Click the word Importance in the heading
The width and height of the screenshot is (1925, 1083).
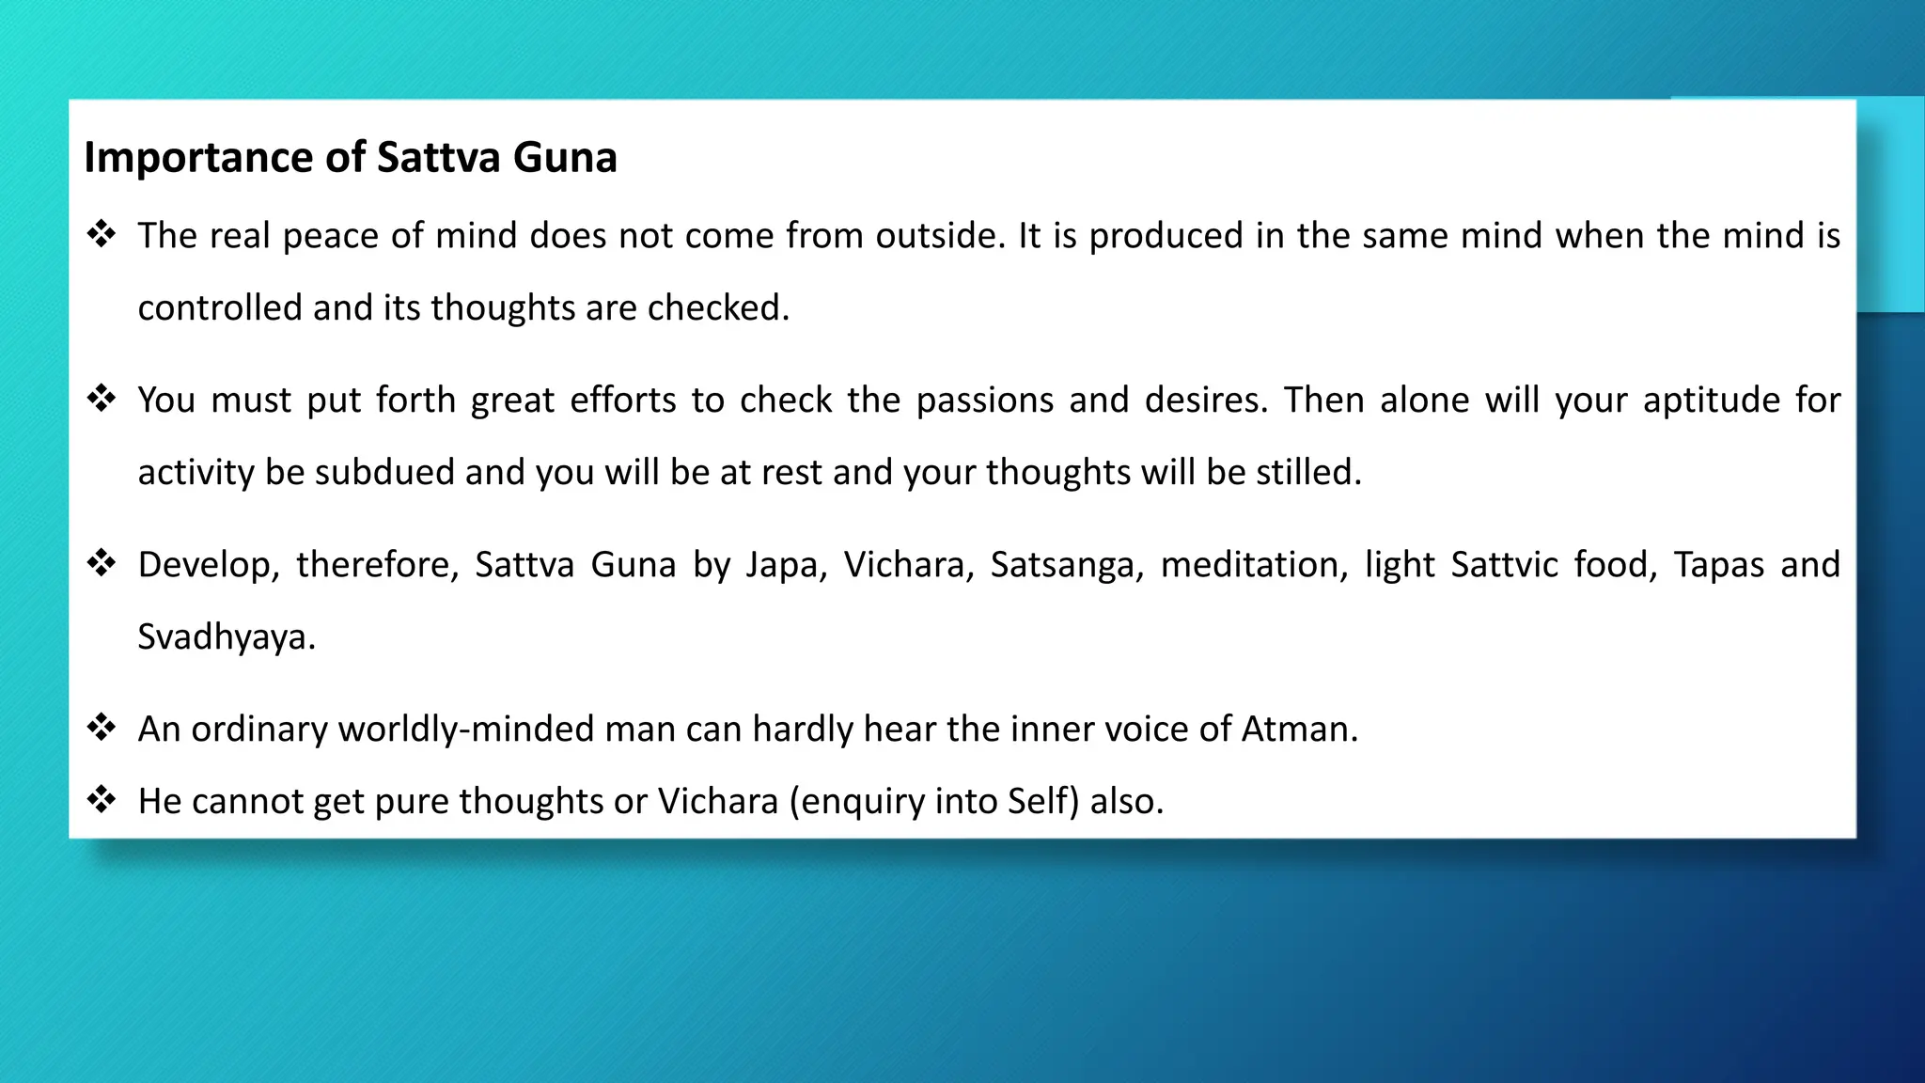click(197, 158)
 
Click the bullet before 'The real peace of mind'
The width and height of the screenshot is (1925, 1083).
click(102, 233)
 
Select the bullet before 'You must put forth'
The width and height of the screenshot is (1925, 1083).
click(102, 398)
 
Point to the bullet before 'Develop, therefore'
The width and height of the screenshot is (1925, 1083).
click(102, 562)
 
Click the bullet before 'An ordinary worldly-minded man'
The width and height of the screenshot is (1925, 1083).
click(102, 727)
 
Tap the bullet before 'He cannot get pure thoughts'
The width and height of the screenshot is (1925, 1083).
click(102, 799)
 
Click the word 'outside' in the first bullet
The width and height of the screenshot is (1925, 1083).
click(940, 236)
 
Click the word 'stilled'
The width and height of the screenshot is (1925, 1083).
click(1307, 473)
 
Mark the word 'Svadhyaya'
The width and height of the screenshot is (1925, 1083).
click(226, 637)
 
